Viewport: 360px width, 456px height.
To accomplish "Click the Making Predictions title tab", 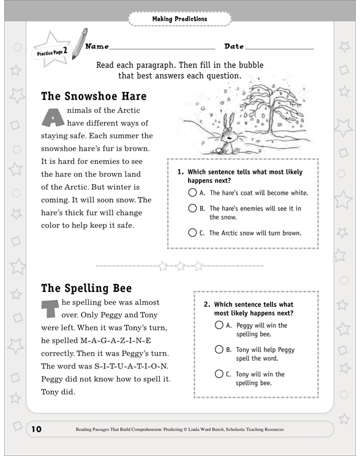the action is (x=179, y=19).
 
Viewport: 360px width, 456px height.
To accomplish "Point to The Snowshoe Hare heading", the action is (x=94, y=97).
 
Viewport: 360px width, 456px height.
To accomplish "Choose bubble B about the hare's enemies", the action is (x=192, y=209).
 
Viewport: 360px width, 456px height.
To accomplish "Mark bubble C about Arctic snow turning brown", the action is (x=192, y=233).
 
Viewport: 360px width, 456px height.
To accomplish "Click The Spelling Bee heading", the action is (x=86, y=288).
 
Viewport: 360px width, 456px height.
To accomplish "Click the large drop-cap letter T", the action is (x=51, y=310).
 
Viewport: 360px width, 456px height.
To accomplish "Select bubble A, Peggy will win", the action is (x=219, y=326).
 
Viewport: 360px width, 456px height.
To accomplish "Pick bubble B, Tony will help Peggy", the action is (x=219, y=349).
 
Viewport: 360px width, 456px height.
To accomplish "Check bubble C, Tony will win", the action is (x=219, y=374).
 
